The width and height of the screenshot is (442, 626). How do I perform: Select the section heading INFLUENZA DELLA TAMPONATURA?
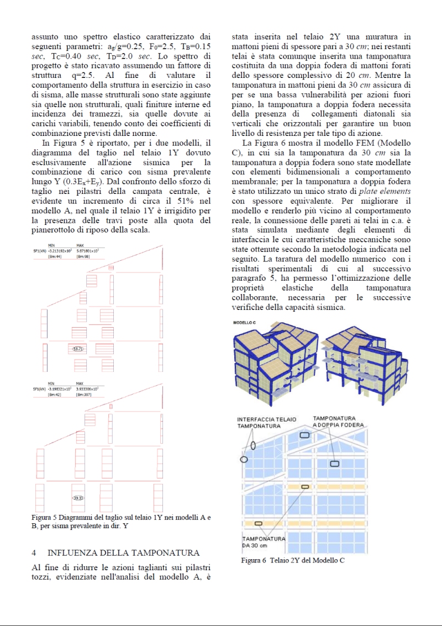[123, 553]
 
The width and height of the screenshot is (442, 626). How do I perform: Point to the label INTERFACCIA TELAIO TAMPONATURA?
[266, 423]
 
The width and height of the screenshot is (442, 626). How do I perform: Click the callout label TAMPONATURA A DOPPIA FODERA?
[338, 422]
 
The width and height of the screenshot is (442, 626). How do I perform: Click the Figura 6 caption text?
[292, 561]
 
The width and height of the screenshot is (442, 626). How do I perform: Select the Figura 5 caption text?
[120, 522]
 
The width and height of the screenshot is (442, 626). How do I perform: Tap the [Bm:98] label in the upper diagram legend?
[83, 256]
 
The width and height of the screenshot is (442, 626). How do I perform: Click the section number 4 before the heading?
[34, 553]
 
